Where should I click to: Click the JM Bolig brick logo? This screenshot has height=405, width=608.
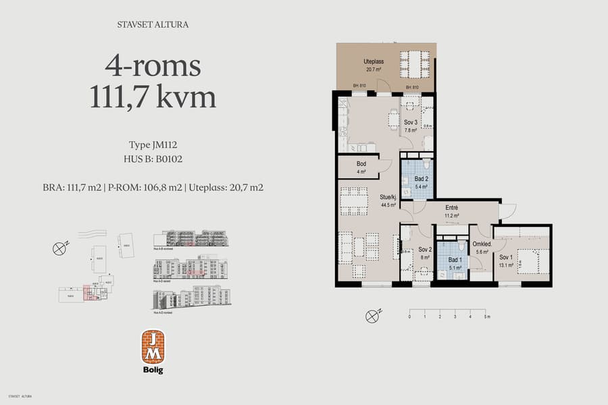(153, 346)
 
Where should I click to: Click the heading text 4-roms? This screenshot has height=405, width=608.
(153, 66)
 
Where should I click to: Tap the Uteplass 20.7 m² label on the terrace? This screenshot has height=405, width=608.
(374, 65)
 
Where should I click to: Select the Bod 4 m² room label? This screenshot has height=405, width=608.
(361, 168)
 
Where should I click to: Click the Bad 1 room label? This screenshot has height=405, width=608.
(455, 263)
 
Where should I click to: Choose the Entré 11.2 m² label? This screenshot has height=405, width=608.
(453, 212)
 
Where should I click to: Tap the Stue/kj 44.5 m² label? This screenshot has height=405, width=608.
(388, 202)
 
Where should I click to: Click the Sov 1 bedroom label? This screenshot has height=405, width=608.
(506, 261)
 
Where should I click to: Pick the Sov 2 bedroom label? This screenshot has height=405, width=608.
(424, 252)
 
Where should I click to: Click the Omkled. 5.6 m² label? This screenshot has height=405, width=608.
(482, 248)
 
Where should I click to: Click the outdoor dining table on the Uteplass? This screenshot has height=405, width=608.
(414, 65)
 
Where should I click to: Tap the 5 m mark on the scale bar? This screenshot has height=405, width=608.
(486, 317)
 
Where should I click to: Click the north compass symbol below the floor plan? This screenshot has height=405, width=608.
(372, 315)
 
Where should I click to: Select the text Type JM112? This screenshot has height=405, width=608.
(153, 144)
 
